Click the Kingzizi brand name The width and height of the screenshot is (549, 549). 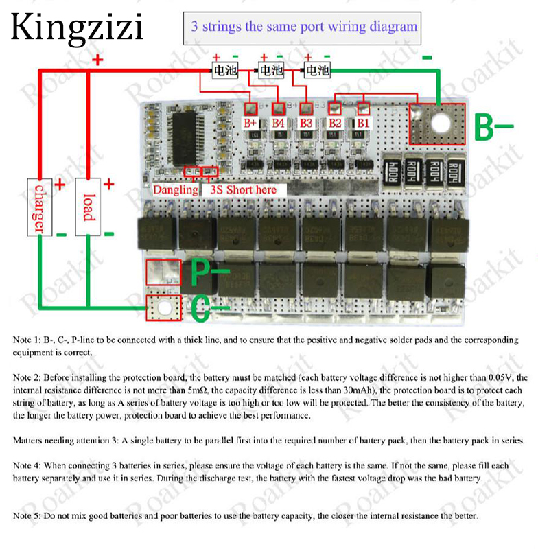coord(77,28)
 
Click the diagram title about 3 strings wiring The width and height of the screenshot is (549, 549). coord(304,27)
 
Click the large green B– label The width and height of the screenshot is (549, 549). coord(494,128)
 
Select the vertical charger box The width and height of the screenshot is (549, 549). coord(38,207)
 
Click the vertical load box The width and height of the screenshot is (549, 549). coord(88,207)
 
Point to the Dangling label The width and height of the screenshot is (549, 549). coord(175,189)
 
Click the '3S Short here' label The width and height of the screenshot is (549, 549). coord(244,189)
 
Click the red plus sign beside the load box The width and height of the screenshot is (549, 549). coord(108,185)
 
